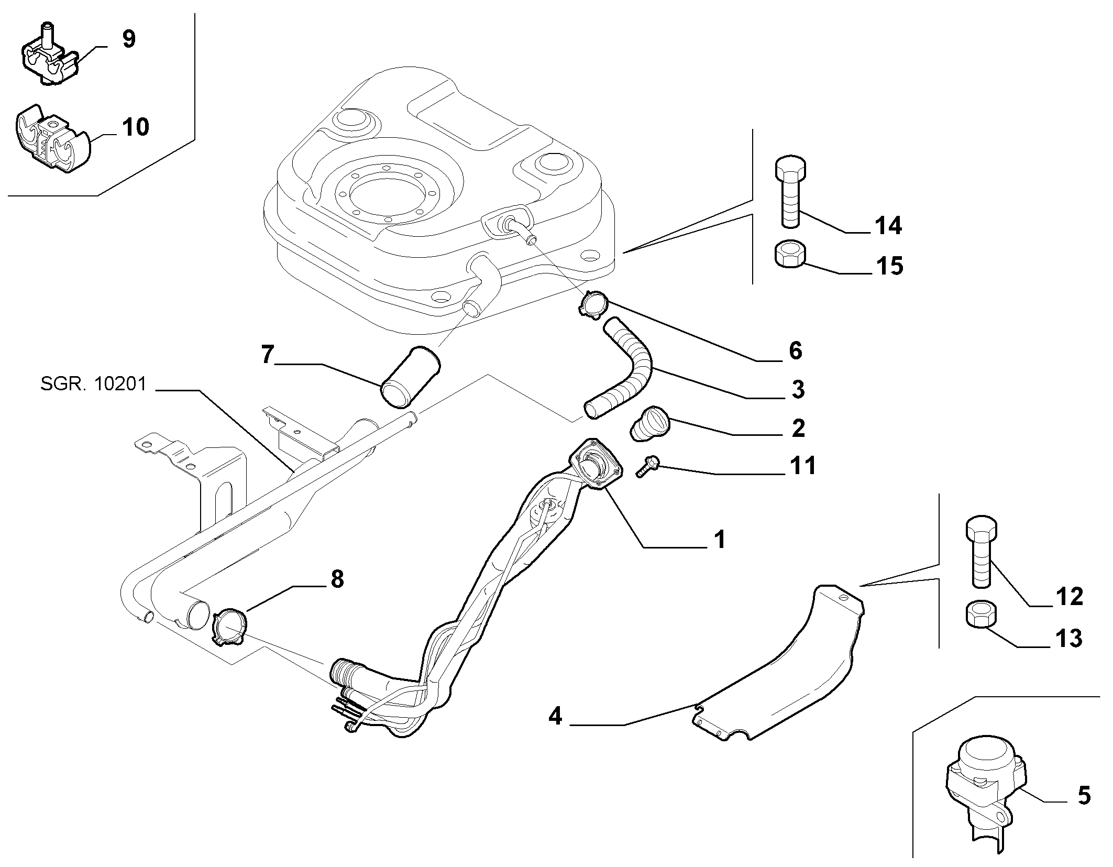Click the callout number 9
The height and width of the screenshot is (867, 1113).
(128, 40)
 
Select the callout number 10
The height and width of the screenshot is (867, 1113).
(135, 127)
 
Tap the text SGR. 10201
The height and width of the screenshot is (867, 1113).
(93, 385)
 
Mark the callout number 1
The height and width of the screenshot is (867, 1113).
(720, 539)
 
